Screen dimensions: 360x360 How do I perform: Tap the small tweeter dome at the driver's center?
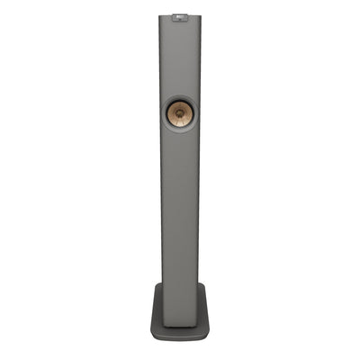(179, 113)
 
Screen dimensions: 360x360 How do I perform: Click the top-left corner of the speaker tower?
(160, 14)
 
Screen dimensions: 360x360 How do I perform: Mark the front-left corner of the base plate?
(151, 337)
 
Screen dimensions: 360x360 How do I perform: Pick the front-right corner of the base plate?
(208, 337)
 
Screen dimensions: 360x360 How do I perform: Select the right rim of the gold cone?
(192, 113)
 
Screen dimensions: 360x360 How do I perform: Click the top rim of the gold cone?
(179, 101)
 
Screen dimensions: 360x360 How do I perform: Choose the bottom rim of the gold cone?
(179, 126)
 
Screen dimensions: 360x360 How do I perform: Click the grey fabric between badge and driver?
(179, 58)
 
